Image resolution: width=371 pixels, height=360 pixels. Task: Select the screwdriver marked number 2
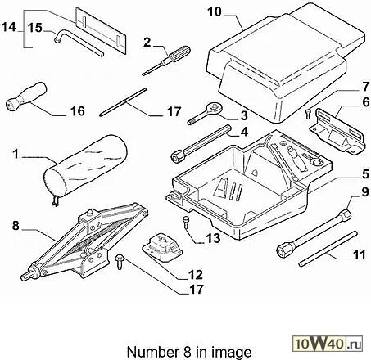pyautogui.click(x=166, y=61)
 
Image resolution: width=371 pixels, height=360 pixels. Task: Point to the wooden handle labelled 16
pyautogui.click(x=26, y=97)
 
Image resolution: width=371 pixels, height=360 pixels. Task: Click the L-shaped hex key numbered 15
pyautogui.click(x=79, y=43)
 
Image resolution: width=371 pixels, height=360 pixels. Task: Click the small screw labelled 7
pyautogui.click(x=308, y=114)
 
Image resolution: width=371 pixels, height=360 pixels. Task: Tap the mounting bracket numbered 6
pyautogui.click(x=337, y=131)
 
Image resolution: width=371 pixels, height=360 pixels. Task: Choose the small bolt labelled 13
pyautogui.click(x=186, y=220)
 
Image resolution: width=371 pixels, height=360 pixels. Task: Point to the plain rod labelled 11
pyautogui.click(x=328, y=249)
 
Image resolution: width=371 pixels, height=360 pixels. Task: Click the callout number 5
pyautogui.click(x=365, y=174)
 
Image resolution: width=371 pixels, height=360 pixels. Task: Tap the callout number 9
pyautogui.click(x=365, y=192)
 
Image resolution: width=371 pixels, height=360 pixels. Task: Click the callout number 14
pyautogui.click(x=9, y=27)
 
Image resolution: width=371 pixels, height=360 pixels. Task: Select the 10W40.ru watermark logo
pyautogui.click(x=328, y=343)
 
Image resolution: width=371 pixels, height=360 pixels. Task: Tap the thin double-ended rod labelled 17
pyautogui.click(x=124, y=101)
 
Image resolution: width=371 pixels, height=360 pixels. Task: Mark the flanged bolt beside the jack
pyautogui.click(x=120, y=262)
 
